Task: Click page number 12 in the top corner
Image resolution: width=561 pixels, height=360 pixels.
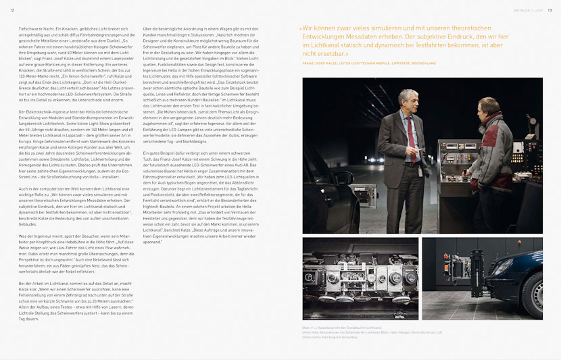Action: coord(12,10)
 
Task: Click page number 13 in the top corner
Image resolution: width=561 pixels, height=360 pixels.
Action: coord(550,10)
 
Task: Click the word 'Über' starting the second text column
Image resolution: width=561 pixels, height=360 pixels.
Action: coord(147,29)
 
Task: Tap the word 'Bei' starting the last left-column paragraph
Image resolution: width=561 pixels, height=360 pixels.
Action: coord(22,283)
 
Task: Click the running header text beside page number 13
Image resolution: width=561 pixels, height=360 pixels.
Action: coord(530,10)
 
